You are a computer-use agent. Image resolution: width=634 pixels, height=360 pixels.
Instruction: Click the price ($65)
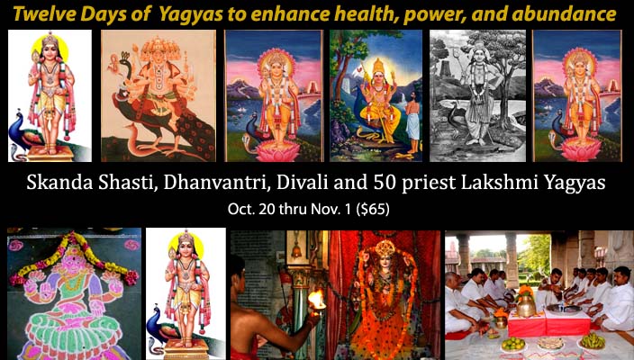point(373,210)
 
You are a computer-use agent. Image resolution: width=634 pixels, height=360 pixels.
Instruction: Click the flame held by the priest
point(316,299)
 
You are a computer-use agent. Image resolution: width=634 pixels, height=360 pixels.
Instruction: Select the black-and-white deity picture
point(477,95)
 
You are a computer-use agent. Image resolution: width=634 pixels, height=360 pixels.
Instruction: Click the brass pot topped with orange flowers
point(526,303)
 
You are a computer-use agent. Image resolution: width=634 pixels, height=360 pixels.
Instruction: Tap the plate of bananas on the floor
point(593,341)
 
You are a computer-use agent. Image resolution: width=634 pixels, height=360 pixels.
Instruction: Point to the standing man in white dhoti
point(412,125)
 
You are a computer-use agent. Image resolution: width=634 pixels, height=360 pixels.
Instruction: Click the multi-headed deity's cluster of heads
point(158,50)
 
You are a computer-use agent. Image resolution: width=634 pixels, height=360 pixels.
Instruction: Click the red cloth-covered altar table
point(548,324)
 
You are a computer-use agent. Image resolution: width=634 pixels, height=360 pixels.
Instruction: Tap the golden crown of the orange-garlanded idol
point(385,247)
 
